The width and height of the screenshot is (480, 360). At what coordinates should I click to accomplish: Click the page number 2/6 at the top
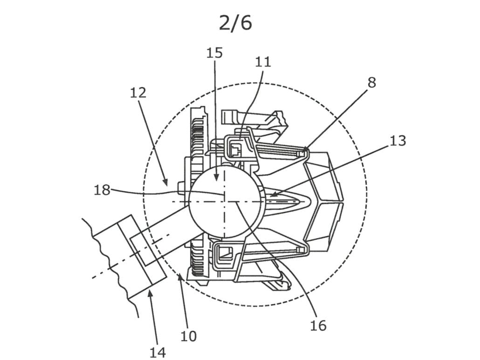tap(235, 22)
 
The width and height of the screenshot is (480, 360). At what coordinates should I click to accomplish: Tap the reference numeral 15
tap(214, 53)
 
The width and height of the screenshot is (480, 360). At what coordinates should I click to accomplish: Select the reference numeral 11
tap(263, 62)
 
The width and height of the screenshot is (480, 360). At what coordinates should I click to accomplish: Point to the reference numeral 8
tap(371, 82)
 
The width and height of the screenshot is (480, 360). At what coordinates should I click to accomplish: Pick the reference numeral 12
tap(138, 93)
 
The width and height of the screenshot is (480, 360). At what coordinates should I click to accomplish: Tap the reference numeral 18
tap(102, 190)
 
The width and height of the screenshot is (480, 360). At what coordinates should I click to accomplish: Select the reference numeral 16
tap(318, 325)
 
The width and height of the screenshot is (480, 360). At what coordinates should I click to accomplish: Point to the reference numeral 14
tap(158, 352)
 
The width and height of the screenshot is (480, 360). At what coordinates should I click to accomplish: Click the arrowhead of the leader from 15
tap(215, 181)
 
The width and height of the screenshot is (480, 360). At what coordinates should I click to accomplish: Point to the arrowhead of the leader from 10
tap(180, 276)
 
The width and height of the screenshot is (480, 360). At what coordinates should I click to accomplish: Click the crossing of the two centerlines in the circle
tap(224, 201)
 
